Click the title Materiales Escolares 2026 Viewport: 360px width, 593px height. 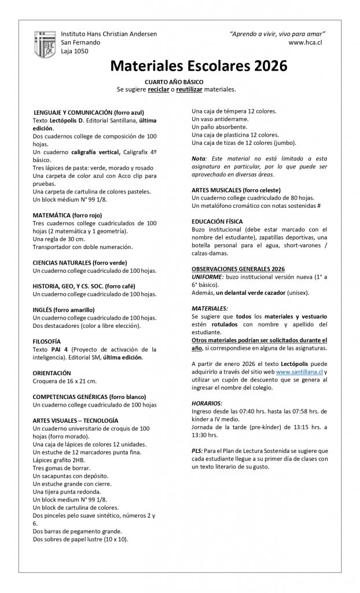tap(199, 67)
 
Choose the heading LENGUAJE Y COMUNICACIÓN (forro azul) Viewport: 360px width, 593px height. tap(89, 111)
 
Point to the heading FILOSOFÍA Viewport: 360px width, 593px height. tap(47, 341)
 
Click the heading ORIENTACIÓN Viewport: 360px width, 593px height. tap(52, 373)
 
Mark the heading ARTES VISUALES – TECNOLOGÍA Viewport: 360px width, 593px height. tap(76, 420)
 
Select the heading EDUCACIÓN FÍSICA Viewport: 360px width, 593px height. tap(217, 222)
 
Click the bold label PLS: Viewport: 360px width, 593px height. tap(197, 451)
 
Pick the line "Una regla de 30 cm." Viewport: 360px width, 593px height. tap(60, 239)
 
